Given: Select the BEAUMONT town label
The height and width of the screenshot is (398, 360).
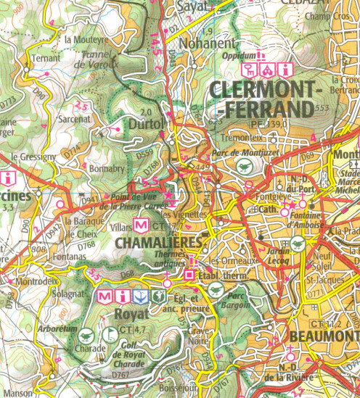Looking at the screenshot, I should [323, 336].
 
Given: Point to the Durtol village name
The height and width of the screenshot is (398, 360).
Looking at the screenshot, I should [145, 125].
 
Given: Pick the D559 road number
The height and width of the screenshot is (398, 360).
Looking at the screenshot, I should [144, 152].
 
